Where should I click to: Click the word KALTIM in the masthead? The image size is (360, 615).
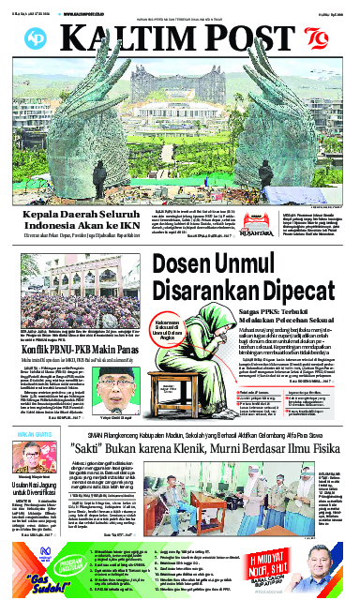click(120, 37)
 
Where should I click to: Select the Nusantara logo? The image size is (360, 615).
click(218, 224)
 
